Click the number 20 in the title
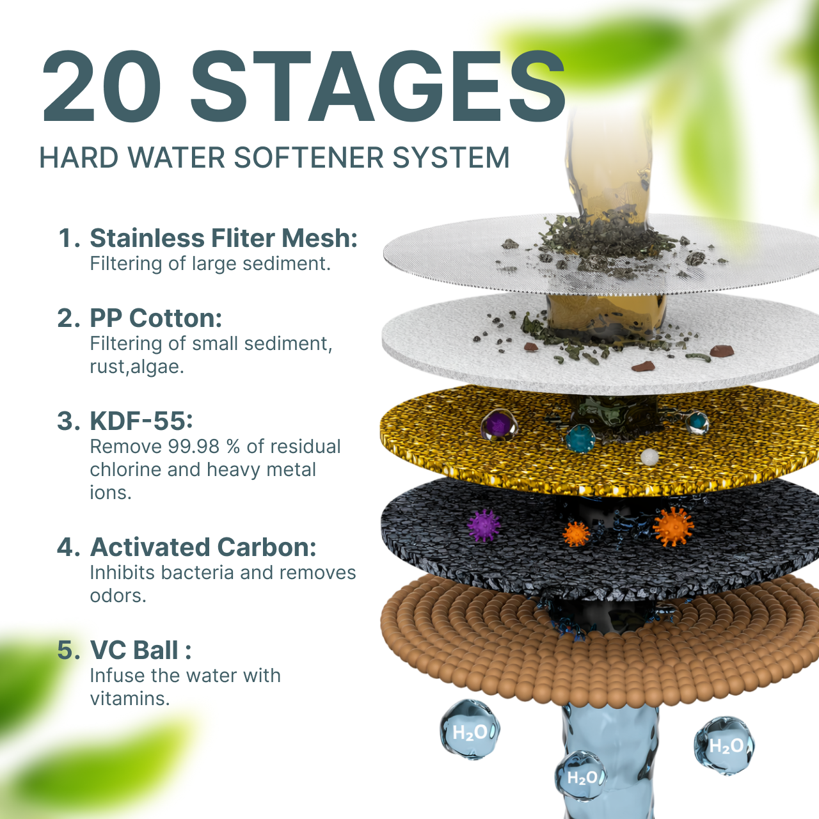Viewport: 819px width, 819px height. tap(102, 86)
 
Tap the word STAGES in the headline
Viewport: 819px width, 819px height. tap(378, 86)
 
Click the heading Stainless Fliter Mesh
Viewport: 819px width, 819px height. tap(223, 238)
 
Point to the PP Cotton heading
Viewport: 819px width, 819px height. tap(156, 319)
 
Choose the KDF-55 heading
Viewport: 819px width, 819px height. tap(141, 421)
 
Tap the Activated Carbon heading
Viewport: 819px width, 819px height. tap(203, 547)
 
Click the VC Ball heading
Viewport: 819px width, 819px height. tap(141, 650)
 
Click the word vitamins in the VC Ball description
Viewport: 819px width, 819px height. tap(130, 699)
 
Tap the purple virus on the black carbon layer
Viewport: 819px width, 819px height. tap(484, 526)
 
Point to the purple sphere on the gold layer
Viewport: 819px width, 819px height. tap(499, 425)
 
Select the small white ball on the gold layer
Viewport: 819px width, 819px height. tap(649, 457)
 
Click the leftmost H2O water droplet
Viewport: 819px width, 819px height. tap(470, 730)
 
